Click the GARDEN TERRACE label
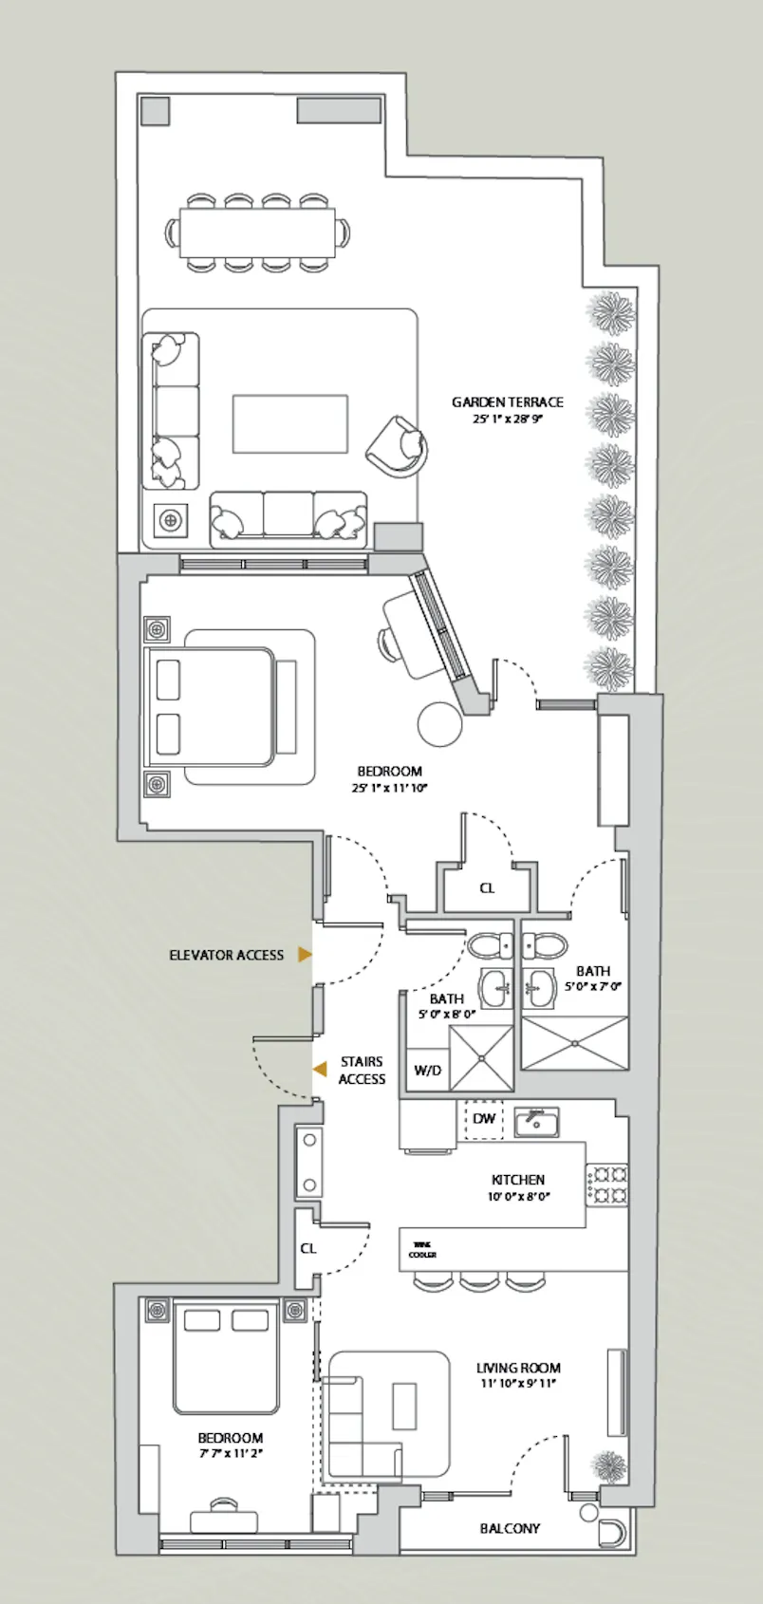pyautogui.click(x=507, y=402)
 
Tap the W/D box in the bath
pyautogui.click(x=427, y=1071)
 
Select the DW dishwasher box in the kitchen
pyautogui.click(x=484, y=1118)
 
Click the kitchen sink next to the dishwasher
pyautogui.click(x=536, y=1122)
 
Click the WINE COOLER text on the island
pyautogui.click(x=423, y=1249)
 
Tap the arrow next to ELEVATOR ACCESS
pyautogui.click(x=305, y=955)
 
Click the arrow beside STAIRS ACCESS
pyautogui.click(x=321, y=1070)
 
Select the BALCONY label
pyautogui.click(x=510, y=1528)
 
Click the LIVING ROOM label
pyautogui.click(x=518, y=1368)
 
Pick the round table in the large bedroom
pyautogui.click(x=440, y=723)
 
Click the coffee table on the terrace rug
pyautogui.click(x=289, y=424)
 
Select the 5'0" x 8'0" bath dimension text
pyautogui.click(x=446, y=1014)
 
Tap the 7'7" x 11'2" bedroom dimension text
pyautogui.click(x=231, y=1452)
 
